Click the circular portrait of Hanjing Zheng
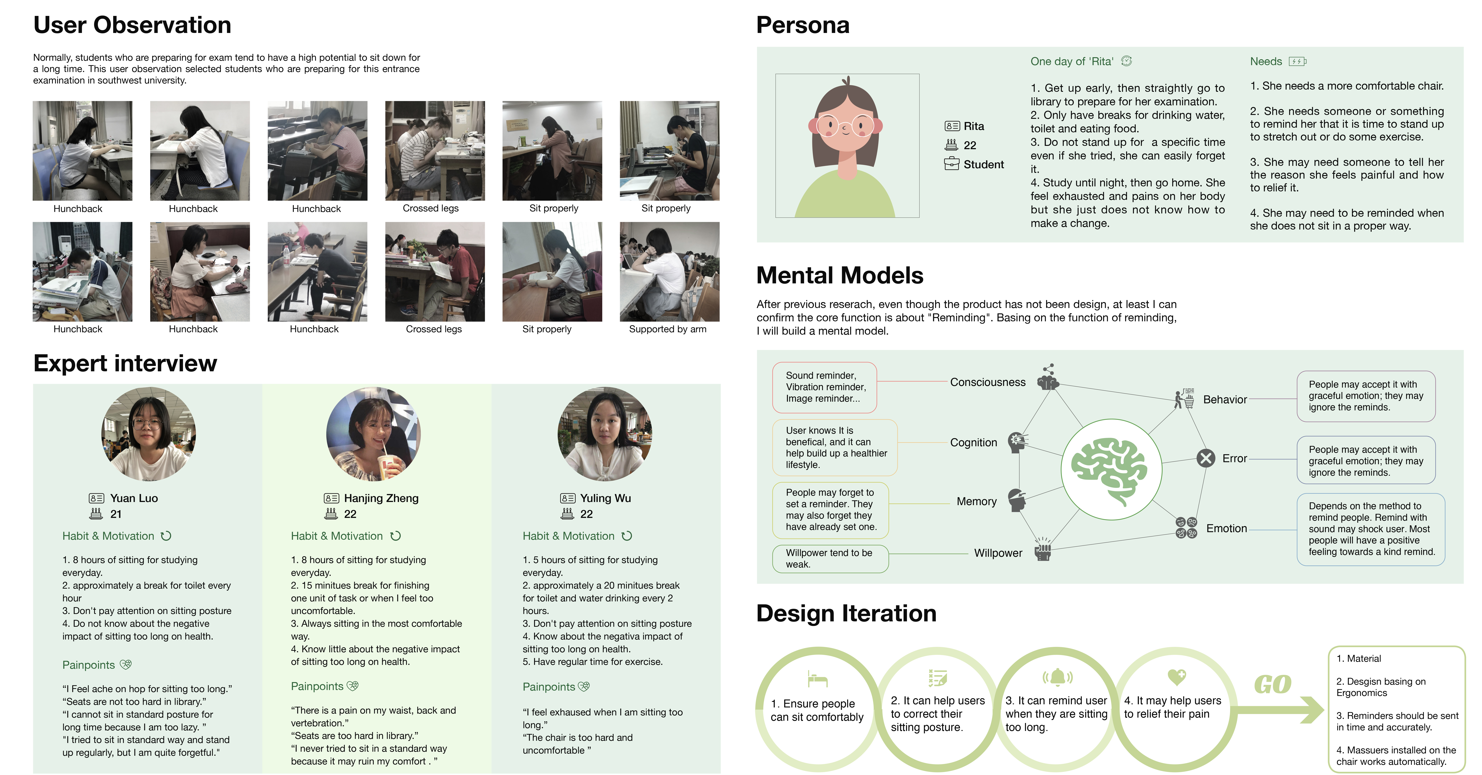(373, 434)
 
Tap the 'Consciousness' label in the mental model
(988, 382)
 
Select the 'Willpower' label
(998, 553)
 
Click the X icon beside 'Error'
(1206, 458)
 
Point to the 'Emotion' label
(1227, 528)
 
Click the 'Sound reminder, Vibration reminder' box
(824, 387)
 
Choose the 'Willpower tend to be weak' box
(830, 558)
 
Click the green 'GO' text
(1273, 684)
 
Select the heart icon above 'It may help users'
(1177, 677)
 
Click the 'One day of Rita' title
(1072, 61)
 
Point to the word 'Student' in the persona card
(984, 164)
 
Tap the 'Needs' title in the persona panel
(1266, 61)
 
